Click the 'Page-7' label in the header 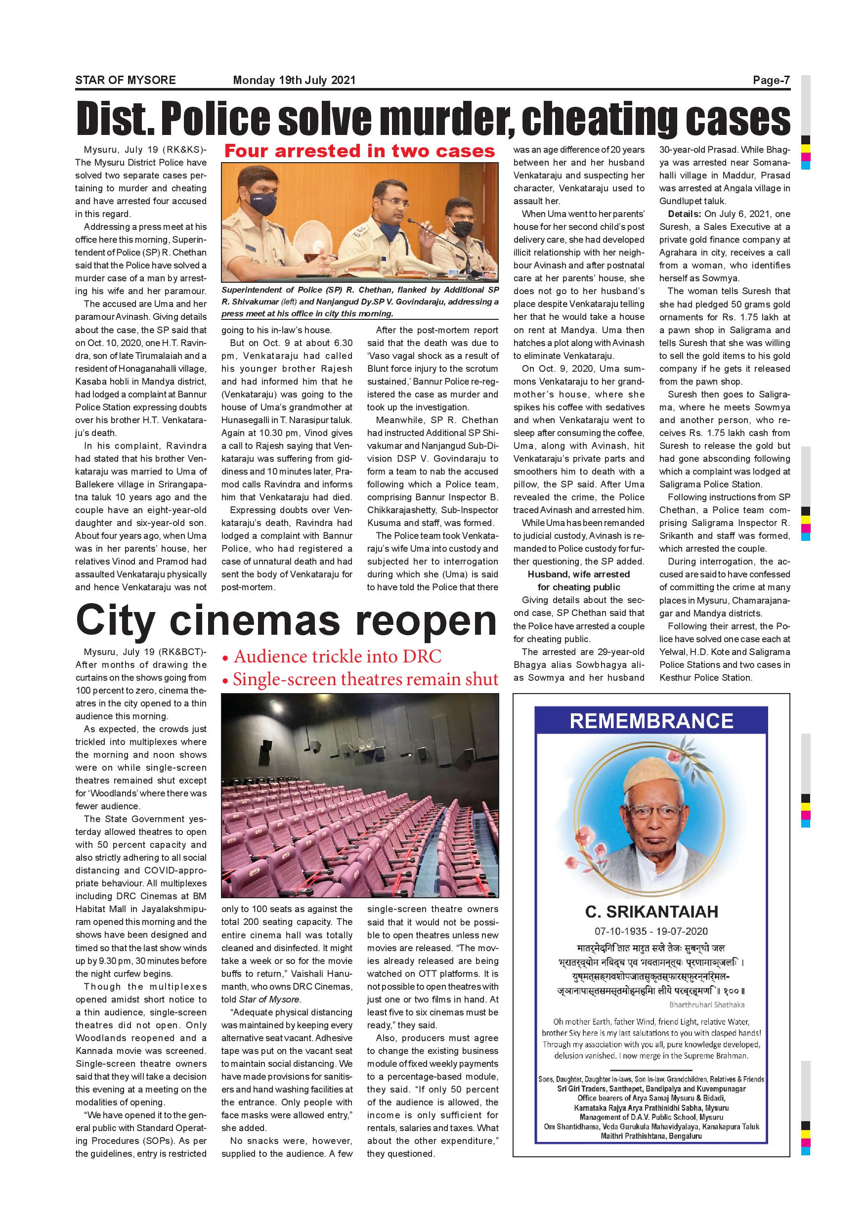click(x=771, y=81)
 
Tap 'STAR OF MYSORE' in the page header click(x=126, y=81)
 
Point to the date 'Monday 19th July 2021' click(x=294, y=81)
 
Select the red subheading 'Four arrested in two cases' click(x=359, y=151)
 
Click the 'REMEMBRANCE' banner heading click(x=651, y=721)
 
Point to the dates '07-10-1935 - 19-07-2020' click(x=651, y=931)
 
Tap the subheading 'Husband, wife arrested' click(x=579, y=574)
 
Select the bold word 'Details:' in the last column click(x=685, y=214)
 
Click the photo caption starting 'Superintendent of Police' click(x=360, y=302)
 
